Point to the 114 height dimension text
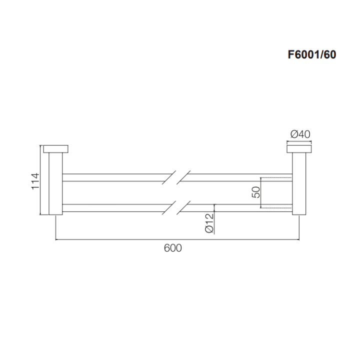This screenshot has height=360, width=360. tap(34, 180)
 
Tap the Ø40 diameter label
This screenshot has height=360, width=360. tap(300, 134)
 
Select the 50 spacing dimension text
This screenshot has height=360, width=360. tap(255, 192)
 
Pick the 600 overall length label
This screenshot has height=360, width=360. tap(173, 248)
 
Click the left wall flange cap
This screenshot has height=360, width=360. tap(56, 148)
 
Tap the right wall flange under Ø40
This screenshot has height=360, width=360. tap(299, 148)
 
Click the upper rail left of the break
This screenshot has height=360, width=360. tap(115, 177)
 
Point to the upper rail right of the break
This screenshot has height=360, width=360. tap(235, 177)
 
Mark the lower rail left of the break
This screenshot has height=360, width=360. tap(115, 207)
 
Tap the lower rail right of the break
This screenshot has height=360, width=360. tap(235, 207)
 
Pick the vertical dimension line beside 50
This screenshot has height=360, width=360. tap(261, 192)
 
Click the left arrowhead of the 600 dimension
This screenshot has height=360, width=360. tap(57, 239)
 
